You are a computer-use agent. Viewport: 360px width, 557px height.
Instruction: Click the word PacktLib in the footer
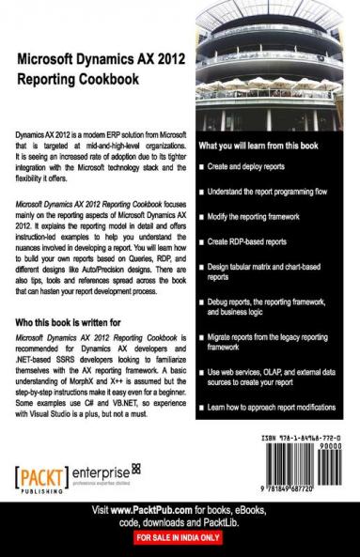click(x=239, y=522)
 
